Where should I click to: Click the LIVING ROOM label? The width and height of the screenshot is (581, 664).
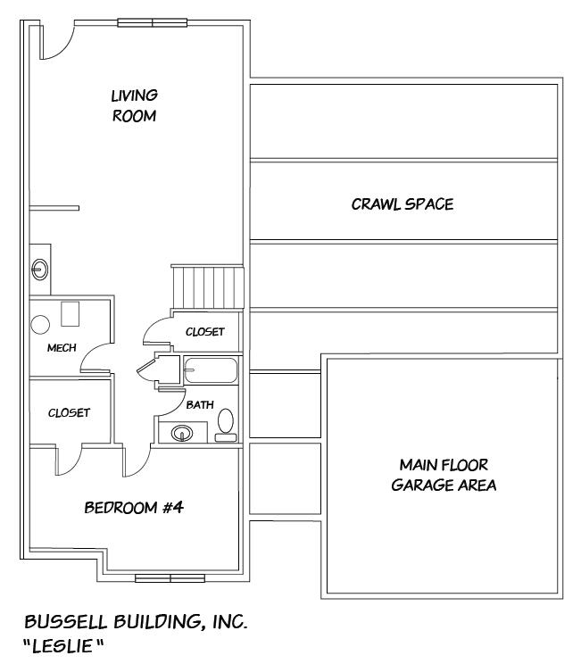click(134, 105)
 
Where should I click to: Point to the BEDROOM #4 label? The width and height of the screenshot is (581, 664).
click(134, 508)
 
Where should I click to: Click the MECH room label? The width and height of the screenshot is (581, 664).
click(61, 348)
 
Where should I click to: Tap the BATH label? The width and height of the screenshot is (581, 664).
click(200, 404)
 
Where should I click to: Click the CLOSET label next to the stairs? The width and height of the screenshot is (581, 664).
click(204, 332)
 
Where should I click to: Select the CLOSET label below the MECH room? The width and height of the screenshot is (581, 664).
click(69, 412)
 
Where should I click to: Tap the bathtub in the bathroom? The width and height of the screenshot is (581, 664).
click(211, 369)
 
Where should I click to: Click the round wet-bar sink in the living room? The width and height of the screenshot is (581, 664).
click(40, 266)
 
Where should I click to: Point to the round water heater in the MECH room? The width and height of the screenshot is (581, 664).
click(40, 324)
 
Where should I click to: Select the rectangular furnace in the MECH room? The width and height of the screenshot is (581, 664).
click(71, 314)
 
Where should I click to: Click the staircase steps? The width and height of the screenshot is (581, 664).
click(207, 286)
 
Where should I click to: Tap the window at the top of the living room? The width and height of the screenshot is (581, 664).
click(152, 22)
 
